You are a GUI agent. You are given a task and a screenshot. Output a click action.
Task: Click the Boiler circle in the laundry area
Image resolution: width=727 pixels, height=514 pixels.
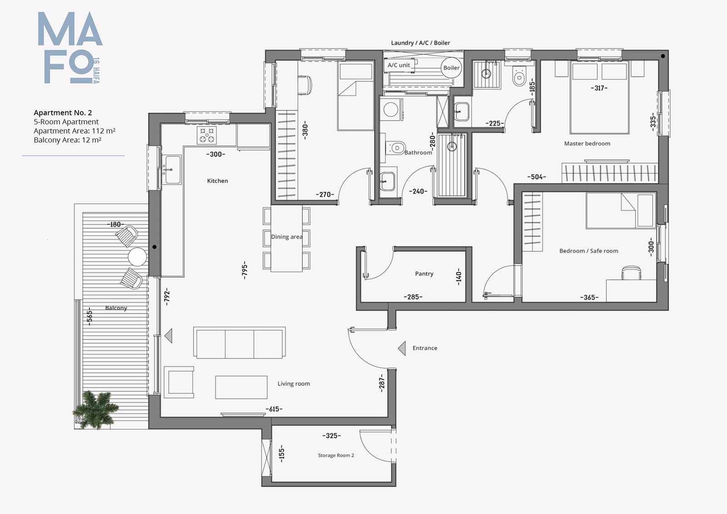tap(452, 68)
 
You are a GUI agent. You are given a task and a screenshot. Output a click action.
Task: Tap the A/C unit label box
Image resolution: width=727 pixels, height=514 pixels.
tap(399, 65)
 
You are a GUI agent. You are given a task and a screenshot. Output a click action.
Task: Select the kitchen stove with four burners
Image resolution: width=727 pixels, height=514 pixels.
tap(207, 135)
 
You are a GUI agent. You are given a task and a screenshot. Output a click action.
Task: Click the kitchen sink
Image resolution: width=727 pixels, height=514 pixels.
tap(172, 170)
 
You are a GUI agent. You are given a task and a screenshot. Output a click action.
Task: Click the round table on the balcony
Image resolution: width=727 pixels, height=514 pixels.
tap(137, 257)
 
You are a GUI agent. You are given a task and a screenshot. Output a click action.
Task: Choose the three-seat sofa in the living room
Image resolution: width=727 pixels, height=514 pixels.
tap(239, 343)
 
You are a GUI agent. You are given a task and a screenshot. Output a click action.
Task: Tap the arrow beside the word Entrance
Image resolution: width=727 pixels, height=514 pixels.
tap(402, 349)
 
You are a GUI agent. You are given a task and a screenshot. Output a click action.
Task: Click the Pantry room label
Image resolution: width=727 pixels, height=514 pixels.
tap(424, 274)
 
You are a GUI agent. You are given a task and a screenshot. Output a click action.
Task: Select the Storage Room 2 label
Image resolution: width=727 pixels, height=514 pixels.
tap(336, 455)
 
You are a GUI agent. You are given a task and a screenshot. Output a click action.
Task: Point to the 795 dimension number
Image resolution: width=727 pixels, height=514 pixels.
tap(245, 270)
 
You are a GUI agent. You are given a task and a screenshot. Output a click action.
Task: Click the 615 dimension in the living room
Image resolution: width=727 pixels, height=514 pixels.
tap(274, 409)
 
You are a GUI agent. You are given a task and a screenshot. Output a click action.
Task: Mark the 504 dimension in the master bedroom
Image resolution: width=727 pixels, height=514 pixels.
tap(537, 177)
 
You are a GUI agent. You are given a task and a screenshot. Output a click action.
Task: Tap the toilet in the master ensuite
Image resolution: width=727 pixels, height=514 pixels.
tap(519, 77)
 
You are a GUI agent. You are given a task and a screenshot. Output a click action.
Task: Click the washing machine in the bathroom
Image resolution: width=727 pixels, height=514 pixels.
tap(391, 110)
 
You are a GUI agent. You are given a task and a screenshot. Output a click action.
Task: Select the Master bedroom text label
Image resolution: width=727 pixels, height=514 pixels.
tap(587, 144)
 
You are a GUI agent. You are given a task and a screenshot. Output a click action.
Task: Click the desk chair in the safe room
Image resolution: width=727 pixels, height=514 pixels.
tap(631, 273)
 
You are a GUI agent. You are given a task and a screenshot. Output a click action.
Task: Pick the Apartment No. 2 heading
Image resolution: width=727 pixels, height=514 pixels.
tap(63, 113)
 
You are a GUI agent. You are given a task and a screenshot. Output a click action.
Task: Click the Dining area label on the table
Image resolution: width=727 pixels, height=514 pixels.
tap(287, 237)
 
